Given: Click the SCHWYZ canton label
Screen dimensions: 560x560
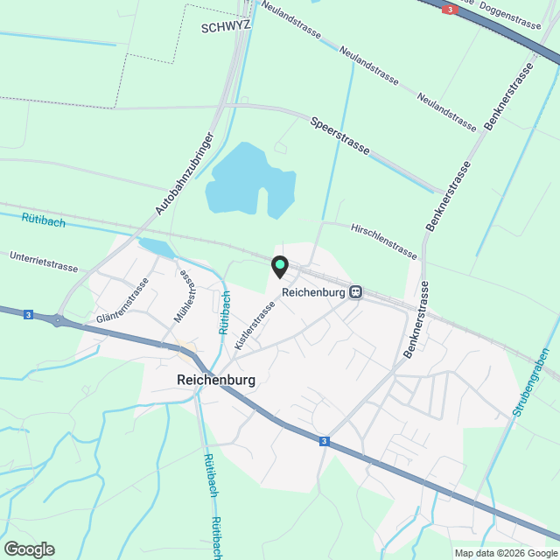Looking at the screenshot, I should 226,26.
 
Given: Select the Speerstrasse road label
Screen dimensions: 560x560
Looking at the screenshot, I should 339,136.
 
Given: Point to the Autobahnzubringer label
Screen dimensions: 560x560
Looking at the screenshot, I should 185,174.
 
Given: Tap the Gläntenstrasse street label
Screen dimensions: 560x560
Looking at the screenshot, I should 123,301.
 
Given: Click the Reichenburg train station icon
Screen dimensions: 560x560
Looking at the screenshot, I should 355,292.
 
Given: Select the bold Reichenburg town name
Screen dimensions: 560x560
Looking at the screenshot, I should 215,381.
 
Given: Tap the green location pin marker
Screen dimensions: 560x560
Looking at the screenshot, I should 279,265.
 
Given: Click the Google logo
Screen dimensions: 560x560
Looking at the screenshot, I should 29,549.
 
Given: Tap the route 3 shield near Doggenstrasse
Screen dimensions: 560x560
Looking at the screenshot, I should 450,10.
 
